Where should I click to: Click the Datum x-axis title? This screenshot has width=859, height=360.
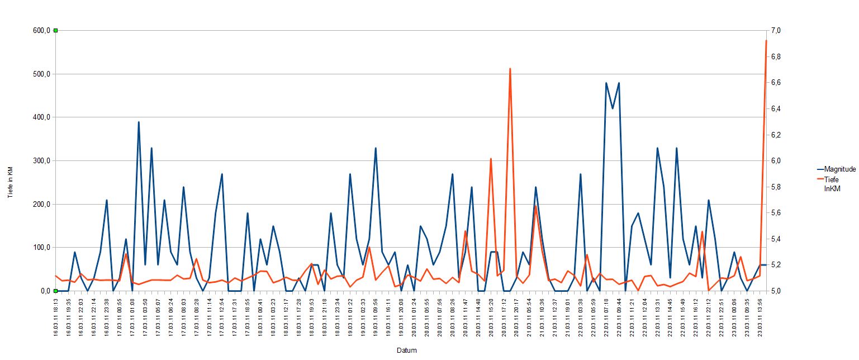tap(406, 350)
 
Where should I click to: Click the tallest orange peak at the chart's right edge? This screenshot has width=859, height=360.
tap(766, 41)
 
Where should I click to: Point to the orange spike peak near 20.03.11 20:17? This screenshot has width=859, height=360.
tap(510, 69)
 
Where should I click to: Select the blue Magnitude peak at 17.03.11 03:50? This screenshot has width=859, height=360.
tap(139, 122)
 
